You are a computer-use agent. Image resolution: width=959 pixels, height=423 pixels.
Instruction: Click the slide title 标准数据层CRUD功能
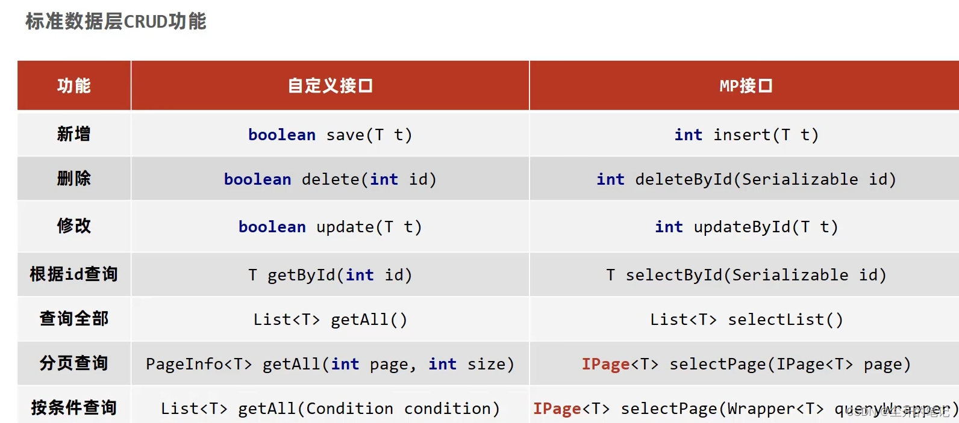coord(116,22)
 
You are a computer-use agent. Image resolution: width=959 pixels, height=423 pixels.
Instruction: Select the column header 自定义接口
coord(330,85)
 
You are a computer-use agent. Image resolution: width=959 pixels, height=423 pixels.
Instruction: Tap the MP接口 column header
coord(746,85)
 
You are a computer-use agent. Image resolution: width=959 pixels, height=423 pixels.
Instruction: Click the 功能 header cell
coord(73,85)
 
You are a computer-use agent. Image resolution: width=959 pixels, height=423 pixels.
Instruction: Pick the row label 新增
coord(73,134)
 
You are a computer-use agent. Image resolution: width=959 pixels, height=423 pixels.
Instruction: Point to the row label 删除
coord(73,178)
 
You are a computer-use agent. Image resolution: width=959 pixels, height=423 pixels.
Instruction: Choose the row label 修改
coord(73,226)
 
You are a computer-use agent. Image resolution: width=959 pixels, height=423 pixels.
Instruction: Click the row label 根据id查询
coord(73,274)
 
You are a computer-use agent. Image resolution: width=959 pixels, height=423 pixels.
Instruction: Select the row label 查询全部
coord(73,318)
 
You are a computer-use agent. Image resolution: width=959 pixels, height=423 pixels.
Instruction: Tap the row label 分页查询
coord(73,363)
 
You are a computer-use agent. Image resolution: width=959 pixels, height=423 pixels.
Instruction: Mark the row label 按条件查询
coord(73,407)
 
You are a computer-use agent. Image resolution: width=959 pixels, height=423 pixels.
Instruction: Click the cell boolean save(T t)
coord(330,135)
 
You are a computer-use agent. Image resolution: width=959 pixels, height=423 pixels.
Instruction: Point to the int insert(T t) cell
coord(746,135)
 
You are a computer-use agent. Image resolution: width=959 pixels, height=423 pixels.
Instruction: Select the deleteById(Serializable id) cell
coord(746,179)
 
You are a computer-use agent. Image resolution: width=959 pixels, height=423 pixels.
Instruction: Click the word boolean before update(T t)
coord(272,227)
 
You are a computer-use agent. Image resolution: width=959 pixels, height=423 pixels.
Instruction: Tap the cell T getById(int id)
coord(330,275)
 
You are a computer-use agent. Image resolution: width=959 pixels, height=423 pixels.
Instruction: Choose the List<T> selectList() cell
coord(746,320)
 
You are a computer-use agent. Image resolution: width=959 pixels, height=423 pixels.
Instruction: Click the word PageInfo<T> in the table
coord(199,364)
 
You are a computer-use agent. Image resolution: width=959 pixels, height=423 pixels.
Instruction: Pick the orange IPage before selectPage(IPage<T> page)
coord(605,364)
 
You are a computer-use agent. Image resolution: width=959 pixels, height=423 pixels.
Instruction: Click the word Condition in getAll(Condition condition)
coord(349,409)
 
